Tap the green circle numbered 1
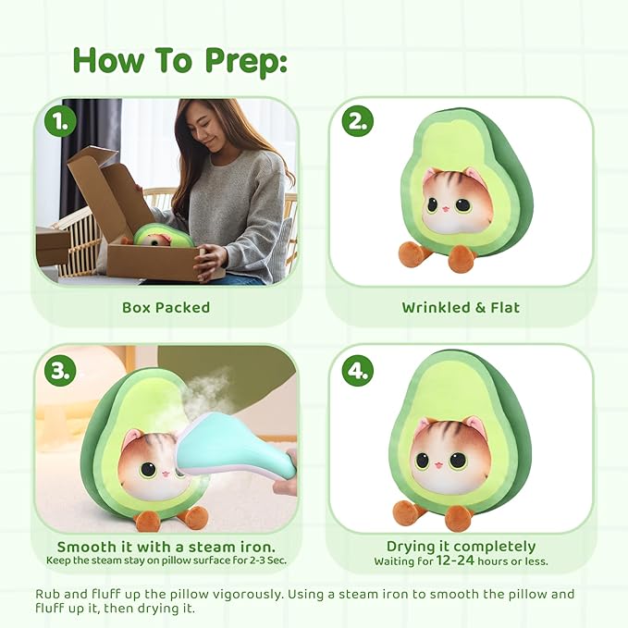[x=60, y=121]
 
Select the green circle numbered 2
[x=357, y=121]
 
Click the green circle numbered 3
[x=60, y=370]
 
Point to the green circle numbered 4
[x=357, y=370]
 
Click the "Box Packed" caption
[x=166, y=307]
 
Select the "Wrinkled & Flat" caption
[x=461, y=307]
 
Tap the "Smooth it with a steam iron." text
[x=166, y=547]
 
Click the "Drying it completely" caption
[x=461, y=547]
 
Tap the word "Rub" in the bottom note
[x=49, y=594]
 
